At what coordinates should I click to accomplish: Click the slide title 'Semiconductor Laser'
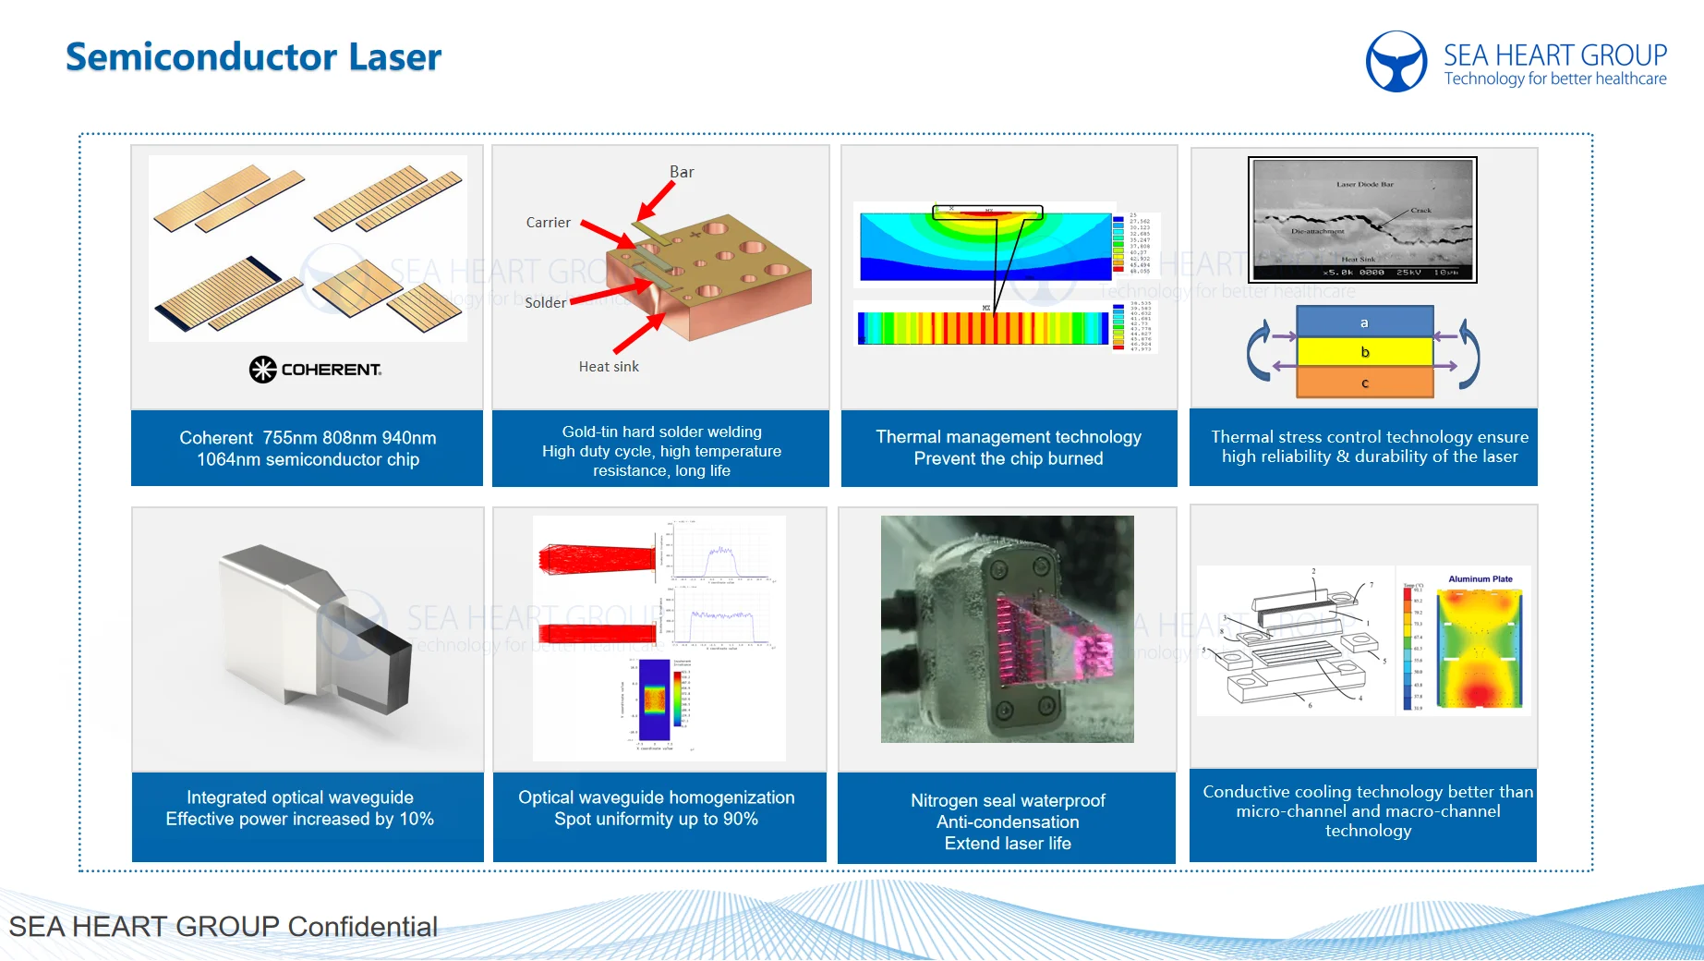pos(253,57)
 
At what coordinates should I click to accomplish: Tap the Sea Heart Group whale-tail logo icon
pos(1396,62)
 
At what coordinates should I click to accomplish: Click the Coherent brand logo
pos(315,370)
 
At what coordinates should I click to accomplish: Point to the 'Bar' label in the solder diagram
pos(682,172)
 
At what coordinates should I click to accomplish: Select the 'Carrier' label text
pos(548,223)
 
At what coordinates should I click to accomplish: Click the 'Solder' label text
pos(545,303)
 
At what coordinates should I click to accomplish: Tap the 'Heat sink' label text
pos(609,367)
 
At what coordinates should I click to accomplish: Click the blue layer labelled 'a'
pos(1364,322)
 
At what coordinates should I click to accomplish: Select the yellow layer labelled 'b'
pos(1364,352)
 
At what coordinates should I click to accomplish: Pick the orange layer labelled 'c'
pos(1364,383)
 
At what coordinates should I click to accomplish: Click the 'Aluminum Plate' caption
pos(1480,579)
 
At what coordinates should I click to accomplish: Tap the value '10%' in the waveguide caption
pos(417,819)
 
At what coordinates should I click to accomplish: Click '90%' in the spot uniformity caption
pos(740,819)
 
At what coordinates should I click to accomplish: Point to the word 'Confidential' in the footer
pos(362,926)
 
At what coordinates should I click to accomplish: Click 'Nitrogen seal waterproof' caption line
pos(1008,800)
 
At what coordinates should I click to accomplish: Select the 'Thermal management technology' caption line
pos(1009,437)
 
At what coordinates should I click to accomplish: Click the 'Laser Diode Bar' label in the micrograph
pos(1364,185)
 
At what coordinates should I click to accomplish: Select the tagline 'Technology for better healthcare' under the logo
pos(1555,79)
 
